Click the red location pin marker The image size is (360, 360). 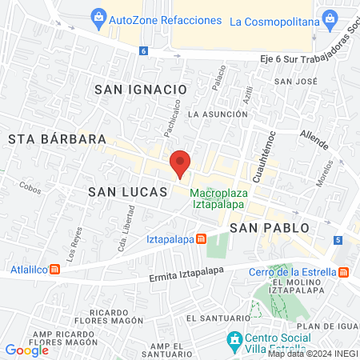181,163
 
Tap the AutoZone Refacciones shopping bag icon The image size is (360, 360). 98,17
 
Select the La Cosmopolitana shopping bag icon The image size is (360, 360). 328,17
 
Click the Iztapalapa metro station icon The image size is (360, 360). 202,238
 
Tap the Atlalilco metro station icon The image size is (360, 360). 54,269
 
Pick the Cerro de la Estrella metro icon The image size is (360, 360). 343,272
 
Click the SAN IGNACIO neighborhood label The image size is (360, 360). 140,90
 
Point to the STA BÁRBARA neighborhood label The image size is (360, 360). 58,139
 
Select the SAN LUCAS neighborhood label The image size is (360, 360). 128,192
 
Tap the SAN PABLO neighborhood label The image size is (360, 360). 270,228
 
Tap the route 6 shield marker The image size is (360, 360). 143,50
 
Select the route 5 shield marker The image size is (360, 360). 338,240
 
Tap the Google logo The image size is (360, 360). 27,350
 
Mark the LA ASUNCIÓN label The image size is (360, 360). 218,114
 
